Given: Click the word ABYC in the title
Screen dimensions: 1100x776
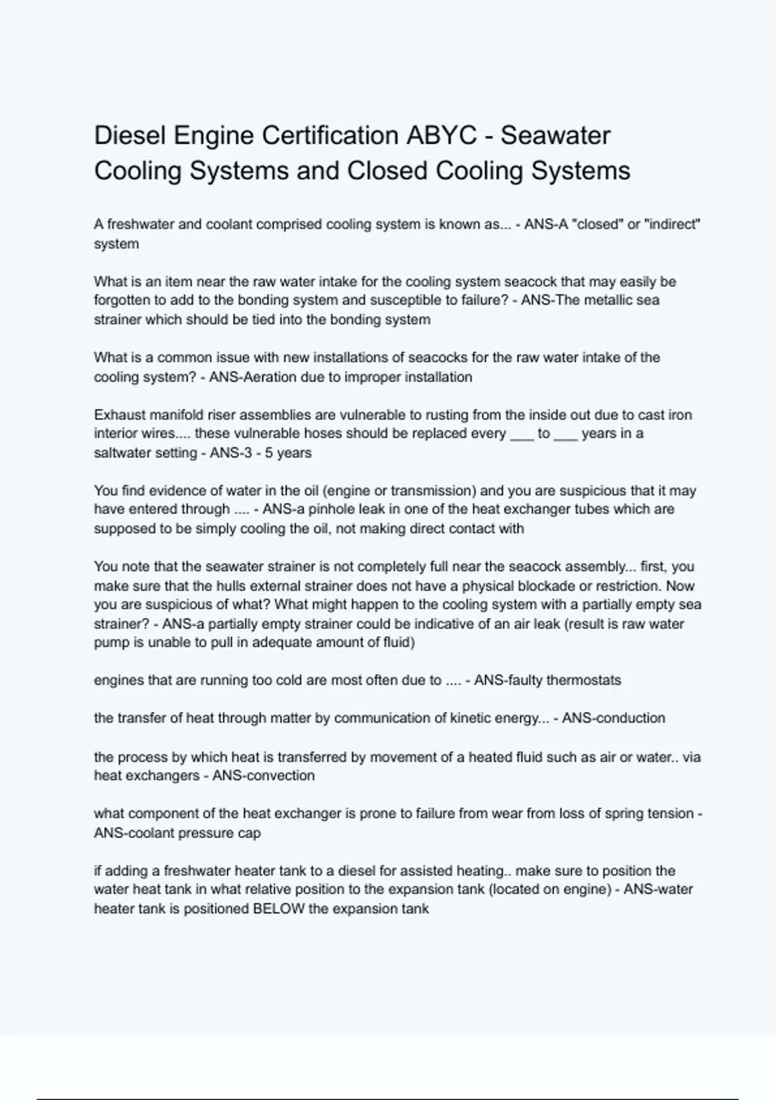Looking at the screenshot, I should point(441,136).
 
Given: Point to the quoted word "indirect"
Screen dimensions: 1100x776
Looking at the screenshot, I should point(673,225).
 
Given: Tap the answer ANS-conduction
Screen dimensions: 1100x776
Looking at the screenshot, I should point(613,718).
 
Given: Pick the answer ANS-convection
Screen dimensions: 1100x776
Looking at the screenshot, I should point(263,776).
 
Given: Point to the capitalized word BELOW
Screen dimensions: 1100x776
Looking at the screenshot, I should point(279,909).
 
